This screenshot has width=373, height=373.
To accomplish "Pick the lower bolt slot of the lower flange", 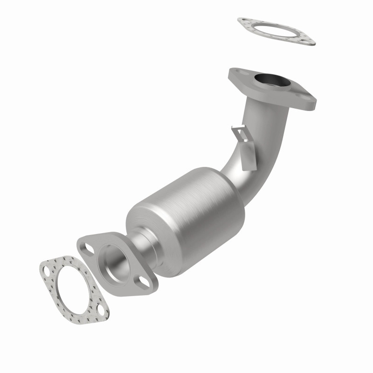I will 141,281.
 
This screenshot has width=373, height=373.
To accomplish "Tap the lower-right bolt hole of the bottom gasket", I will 101,311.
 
